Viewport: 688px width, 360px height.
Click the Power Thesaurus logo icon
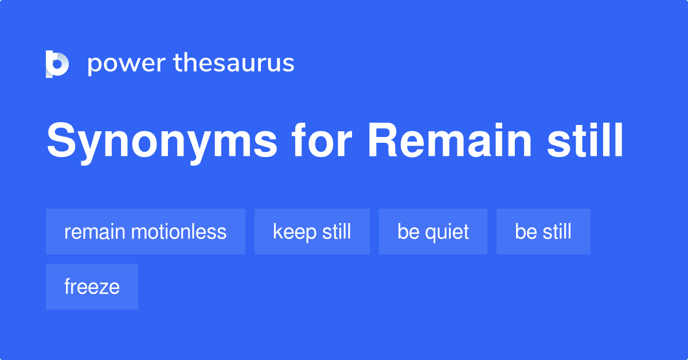click(x=57, y=64)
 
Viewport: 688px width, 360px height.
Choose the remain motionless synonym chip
click(x=146, y=232)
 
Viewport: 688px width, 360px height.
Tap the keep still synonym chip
click(x=312, y=232)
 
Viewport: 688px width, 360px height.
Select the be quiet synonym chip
click(x=433, y=232)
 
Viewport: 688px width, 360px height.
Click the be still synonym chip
click(x=543, y=232)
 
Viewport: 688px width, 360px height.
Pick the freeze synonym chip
click(x=92, y=287)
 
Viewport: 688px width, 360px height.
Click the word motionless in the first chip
click(x=178, y=232)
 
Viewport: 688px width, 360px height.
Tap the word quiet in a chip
click(x=447, y=232)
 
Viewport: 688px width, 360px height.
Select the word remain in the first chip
click(x=95, y=232)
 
